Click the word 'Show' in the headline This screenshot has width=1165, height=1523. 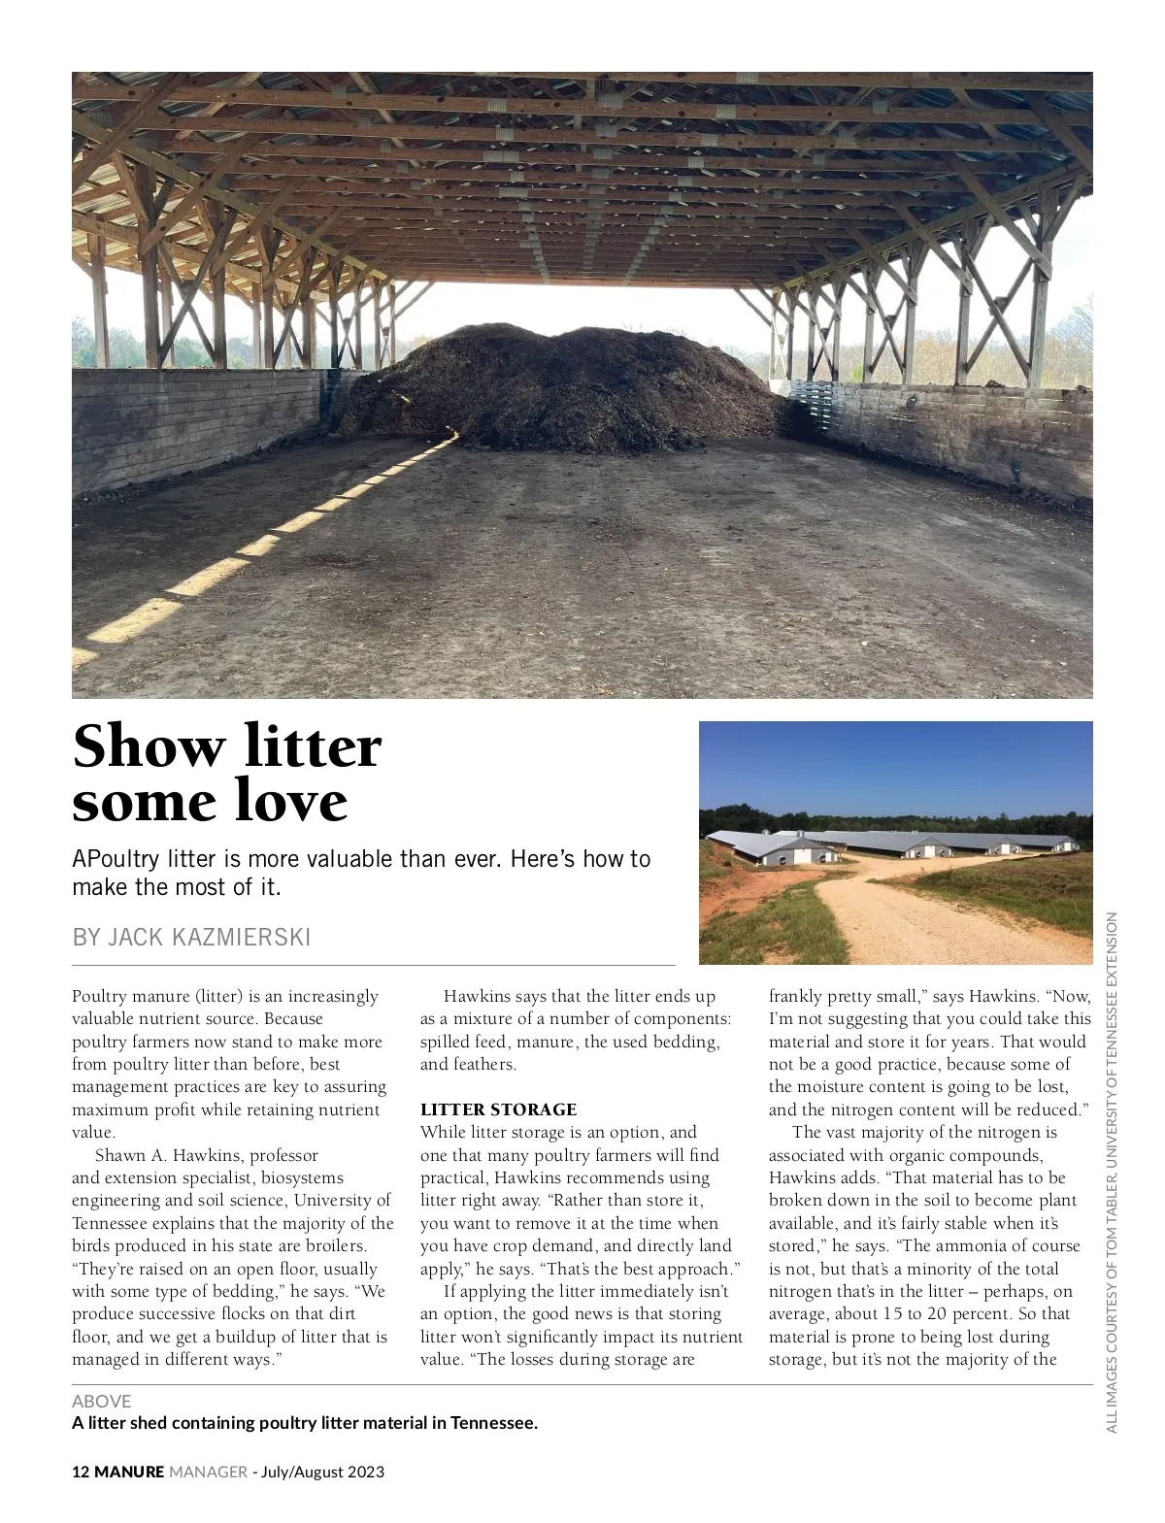click(148, 747)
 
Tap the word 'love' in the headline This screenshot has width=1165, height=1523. click(291, 801)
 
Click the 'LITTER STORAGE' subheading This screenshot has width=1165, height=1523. click(498, 1109)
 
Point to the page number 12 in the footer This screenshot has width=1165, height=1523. click(81, 1472)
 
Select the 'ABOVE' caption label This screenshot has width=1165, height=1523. click(101, 1401)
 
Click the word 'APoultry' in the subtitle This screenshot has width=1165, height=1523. click(116, 859)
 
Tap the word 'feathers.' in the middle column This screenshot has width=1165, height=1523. click(483, 1064)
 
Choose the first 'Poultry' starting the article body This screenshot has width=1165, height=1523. click(99, 996)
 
